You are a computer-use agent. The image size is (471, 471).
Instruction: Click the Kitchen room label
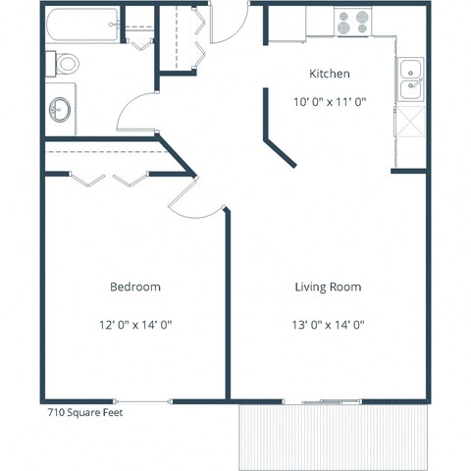(x=330, y=74)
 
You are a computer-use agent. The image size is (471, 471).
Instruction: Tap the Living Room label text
(x=328, y=288)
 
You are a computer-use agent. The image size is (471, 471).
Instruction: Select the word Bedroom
(x=135, y=288)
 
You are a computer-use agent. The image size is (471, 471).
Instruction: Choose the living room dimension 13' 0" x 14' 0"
(x=328, y=324)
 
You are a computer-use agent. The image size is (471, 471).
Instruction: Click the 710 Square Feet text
(x=85, y=413)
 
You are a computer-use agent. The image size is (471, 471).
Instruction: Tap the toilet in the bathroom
(x=64, y=65)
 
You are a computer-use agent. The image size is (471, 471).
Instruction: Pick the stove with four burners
(x=351, y=22)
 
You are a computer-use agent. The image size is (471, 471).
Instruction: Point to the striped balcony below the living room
(x=334, y=436)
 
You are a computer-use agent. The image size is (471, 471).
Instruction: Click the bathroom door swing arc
(x=135, y=113)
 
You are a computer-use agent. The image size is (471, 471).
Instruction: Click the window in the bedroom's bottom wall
(x=143, y=400)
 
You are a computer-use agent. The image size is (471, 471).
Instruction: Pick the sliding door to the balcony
(x=320, y=400)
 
